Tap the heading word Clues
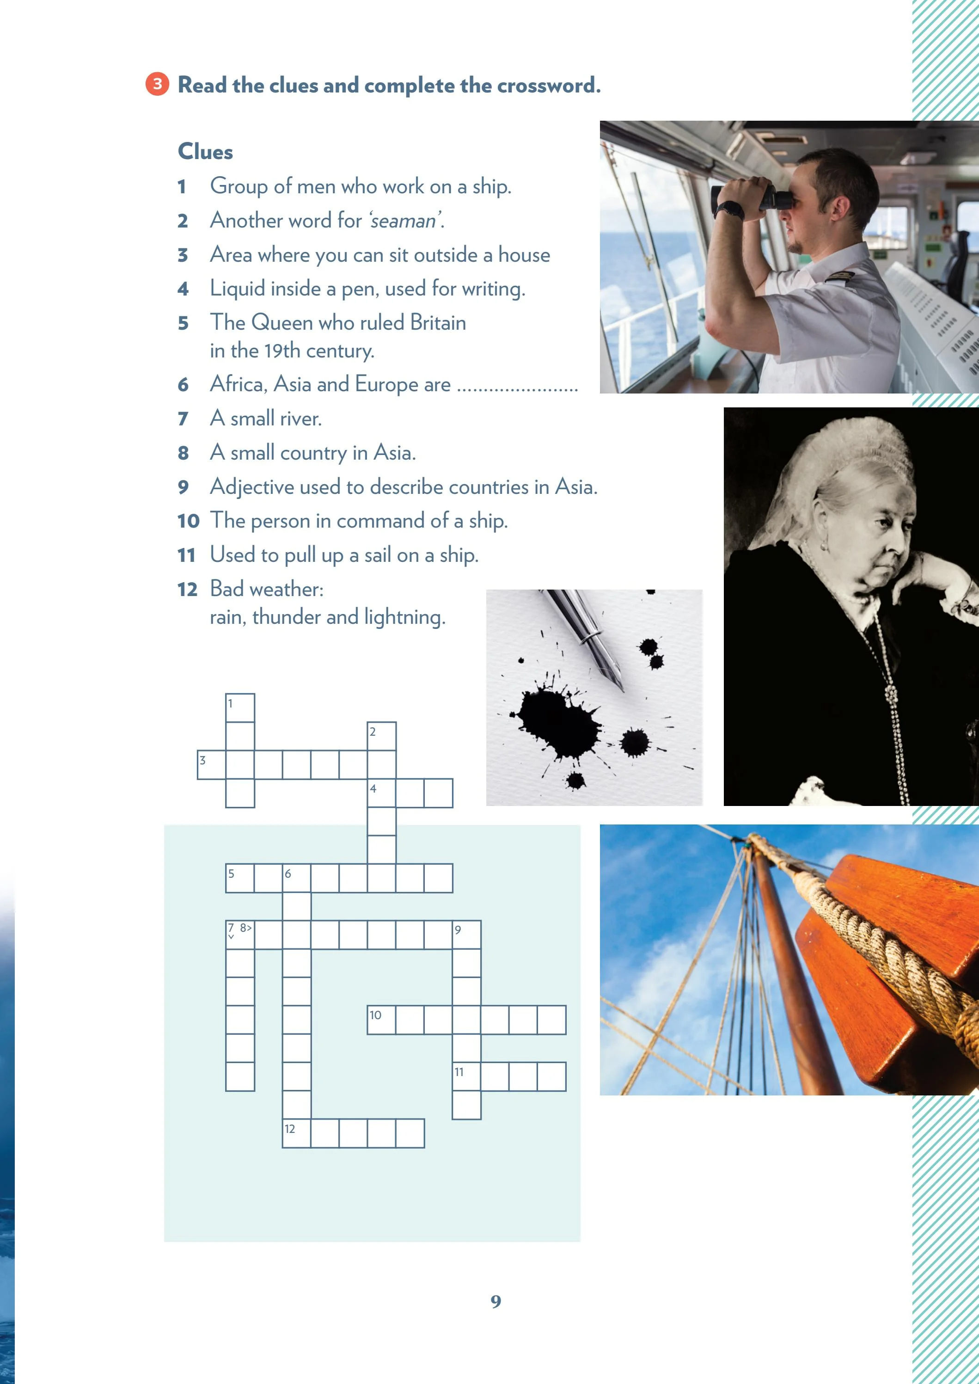click(x=205, y=151)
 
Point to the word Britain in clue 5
click(x=438, y=323)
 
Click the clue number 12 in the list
click(x=188, y=589)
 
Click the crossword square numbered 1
click(x=240, y=708)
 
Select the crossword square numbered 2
click(x=382, y=736)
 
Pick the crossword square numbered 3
click(x=212, y=765)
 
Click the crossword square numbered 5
click(x=240, y=878)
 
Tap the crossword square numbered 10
click(x=382, y=1020)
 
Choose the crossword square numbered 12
click(x=297, y=1133)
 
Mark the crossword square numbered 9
click(x=466, y=935)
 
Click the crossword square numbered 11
click(x=466, y=1076)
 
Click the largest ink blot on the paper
click(x=557, y=724)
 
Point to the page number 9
click(x=496, y=1301)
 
